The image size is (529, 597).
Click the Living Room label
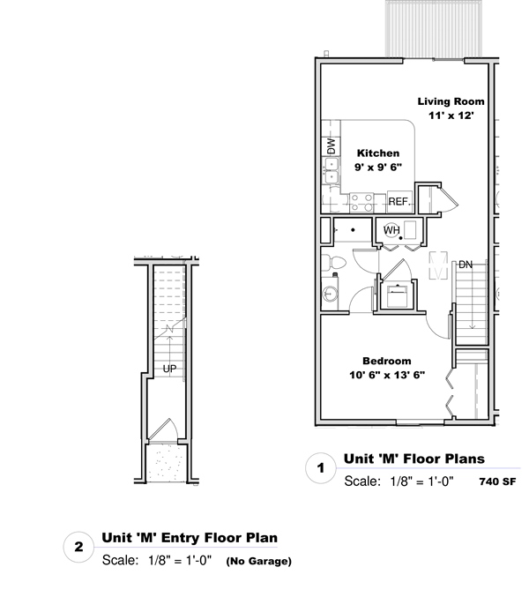[451, 101]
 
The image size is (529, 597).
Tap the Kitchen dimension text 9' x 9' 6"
[378, 167]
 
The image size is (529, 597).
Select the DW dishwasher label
[332, 146]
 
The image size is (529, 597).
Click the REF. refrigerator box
[399, 201]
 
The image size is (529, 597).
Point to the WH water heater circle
[391, 230]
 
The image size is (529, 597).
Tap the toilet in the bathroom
[334, 262]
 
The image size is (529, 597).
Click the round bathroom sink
[330, 294]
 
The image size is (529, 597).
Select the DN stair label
[466, 265]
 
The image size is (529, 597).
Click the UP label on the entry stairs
[170, 369]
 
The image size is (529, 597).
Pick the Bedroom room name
[387, 361]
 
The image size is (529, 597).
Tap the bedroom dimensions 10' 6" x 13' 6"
[387, 375]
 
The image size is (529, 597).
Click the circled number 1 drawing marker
[321, 468]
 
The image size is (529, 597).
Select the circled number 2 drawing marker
[78, 547]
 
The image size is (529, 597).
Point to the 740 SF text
[498, 481]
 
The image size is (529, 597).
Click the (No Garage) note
[259, 561]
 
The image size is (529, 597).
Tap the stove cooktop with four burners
[361, 203]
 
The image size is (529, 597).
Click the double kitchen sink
[332, 170]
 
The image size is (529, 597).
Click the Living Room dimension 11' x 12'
[451, 116]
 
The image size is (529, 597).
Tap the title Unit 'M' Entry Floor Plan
[190, 538]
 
